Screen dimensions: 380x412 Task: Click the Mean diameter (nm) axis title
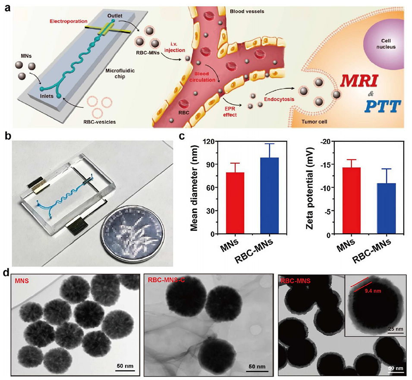[x=194, y=188]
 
